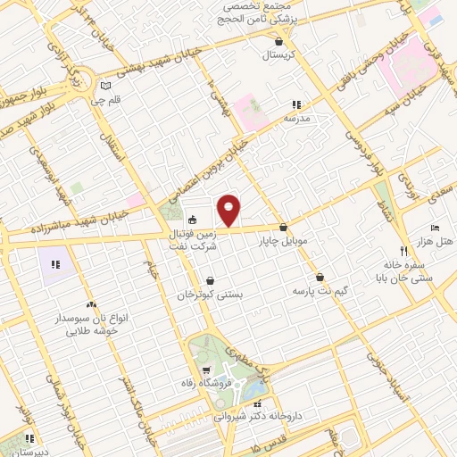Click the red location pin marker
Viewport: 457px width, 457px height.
click(x=229, y=211)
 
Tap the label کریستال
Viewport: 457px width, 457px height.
click(x=281, y=55)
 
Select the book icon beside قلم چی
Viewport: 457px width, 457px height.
click(x=107, y=86)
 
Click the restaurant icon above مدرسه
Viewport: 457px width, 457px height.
click(x=296, y=104)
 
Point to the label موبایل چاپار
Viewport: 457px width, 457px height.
click(x=283, y=241)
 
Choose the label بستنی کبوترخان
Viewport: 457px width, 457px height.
click(x=210, y=294)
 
